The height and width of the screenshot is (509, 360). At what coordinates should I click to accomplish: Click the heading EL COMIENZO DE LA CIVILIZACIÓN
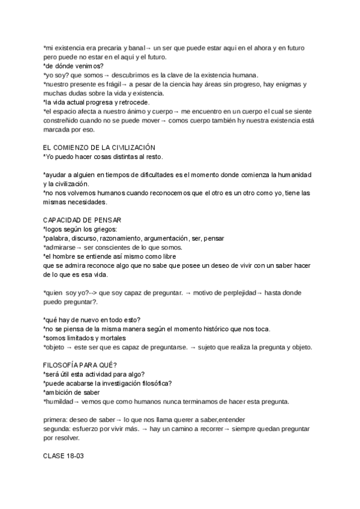coord(99,148)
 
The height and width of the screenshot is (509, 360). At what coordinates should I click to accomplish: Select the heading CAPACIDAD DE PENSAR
coord(82,220)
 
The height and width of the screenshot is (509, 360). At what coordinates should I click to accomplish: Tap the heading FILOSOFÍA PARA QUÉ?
coord(80,365)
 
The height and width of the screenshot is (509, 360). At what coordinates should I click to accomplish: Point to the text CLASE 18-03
coord(64,456)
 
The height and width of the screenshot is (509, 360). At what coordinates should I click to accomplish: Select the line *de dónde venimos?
coord(73,66)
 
